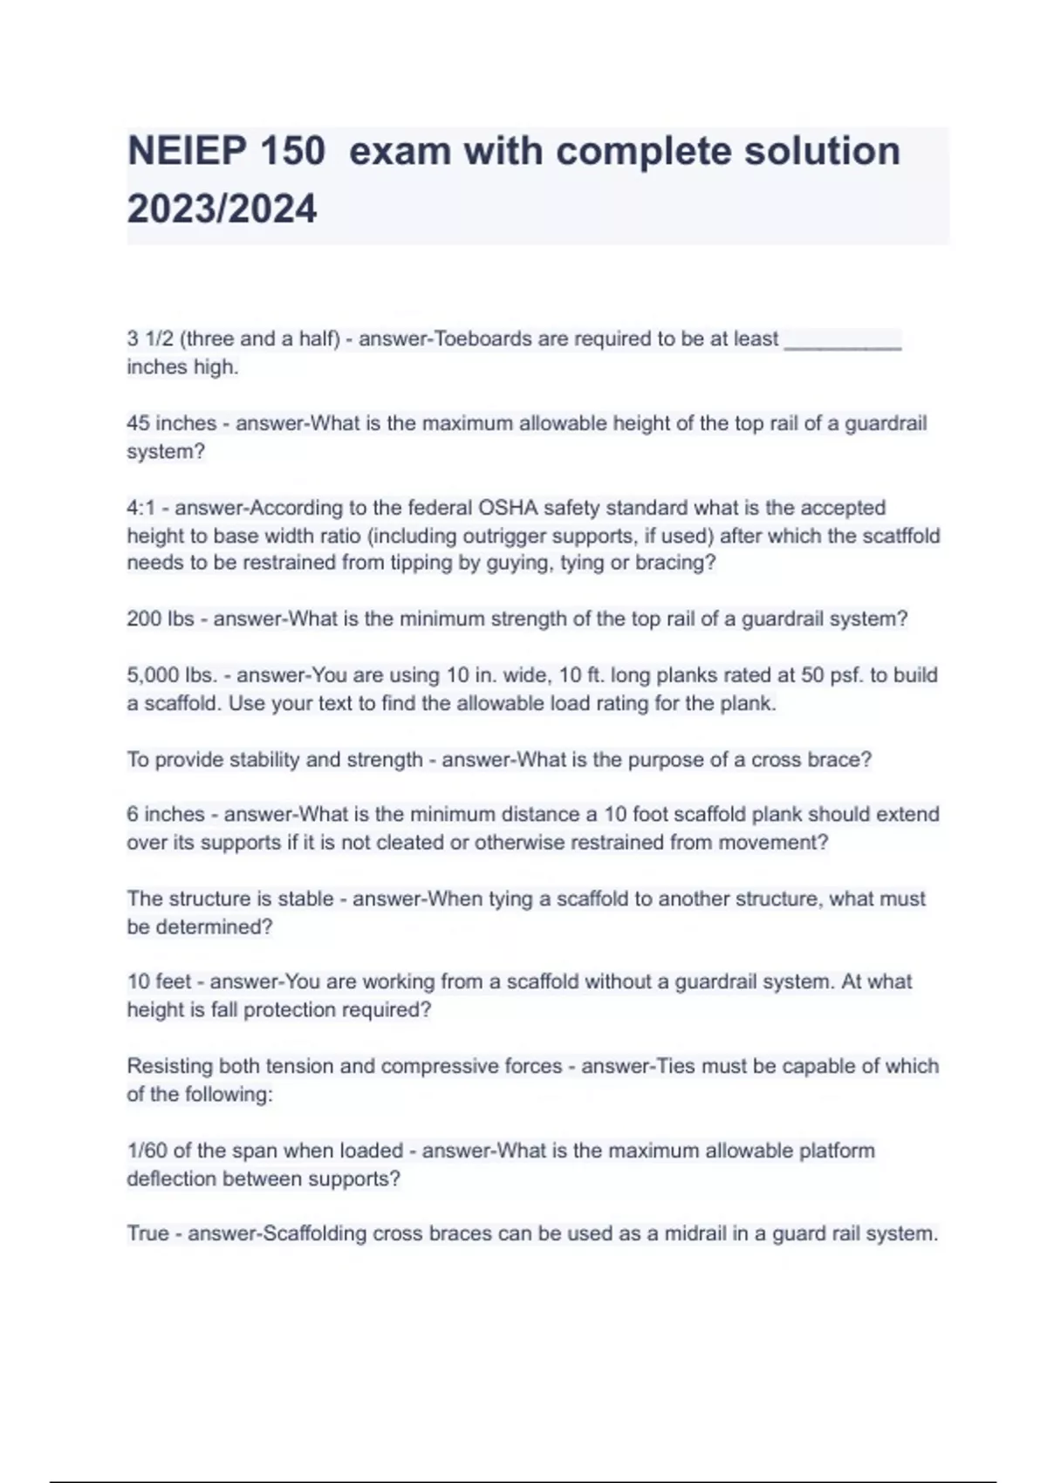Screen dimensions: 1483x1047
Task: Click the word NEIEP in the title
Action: [188, 151]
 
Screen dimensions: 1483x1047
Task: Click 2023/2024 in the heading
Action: [222, 209]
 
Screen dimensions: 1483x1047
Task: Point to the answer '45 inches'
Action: [171, 424]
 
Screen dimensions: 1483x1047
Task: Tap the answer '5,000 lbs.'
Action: [171, 675]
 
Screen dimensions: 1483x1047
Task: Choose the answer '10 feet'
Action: [159, 982]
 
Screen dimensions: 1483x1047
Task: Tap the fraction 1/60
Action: [147, 1151]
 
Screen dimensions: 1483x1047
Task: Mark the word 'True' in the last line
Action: [147, 1234]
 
